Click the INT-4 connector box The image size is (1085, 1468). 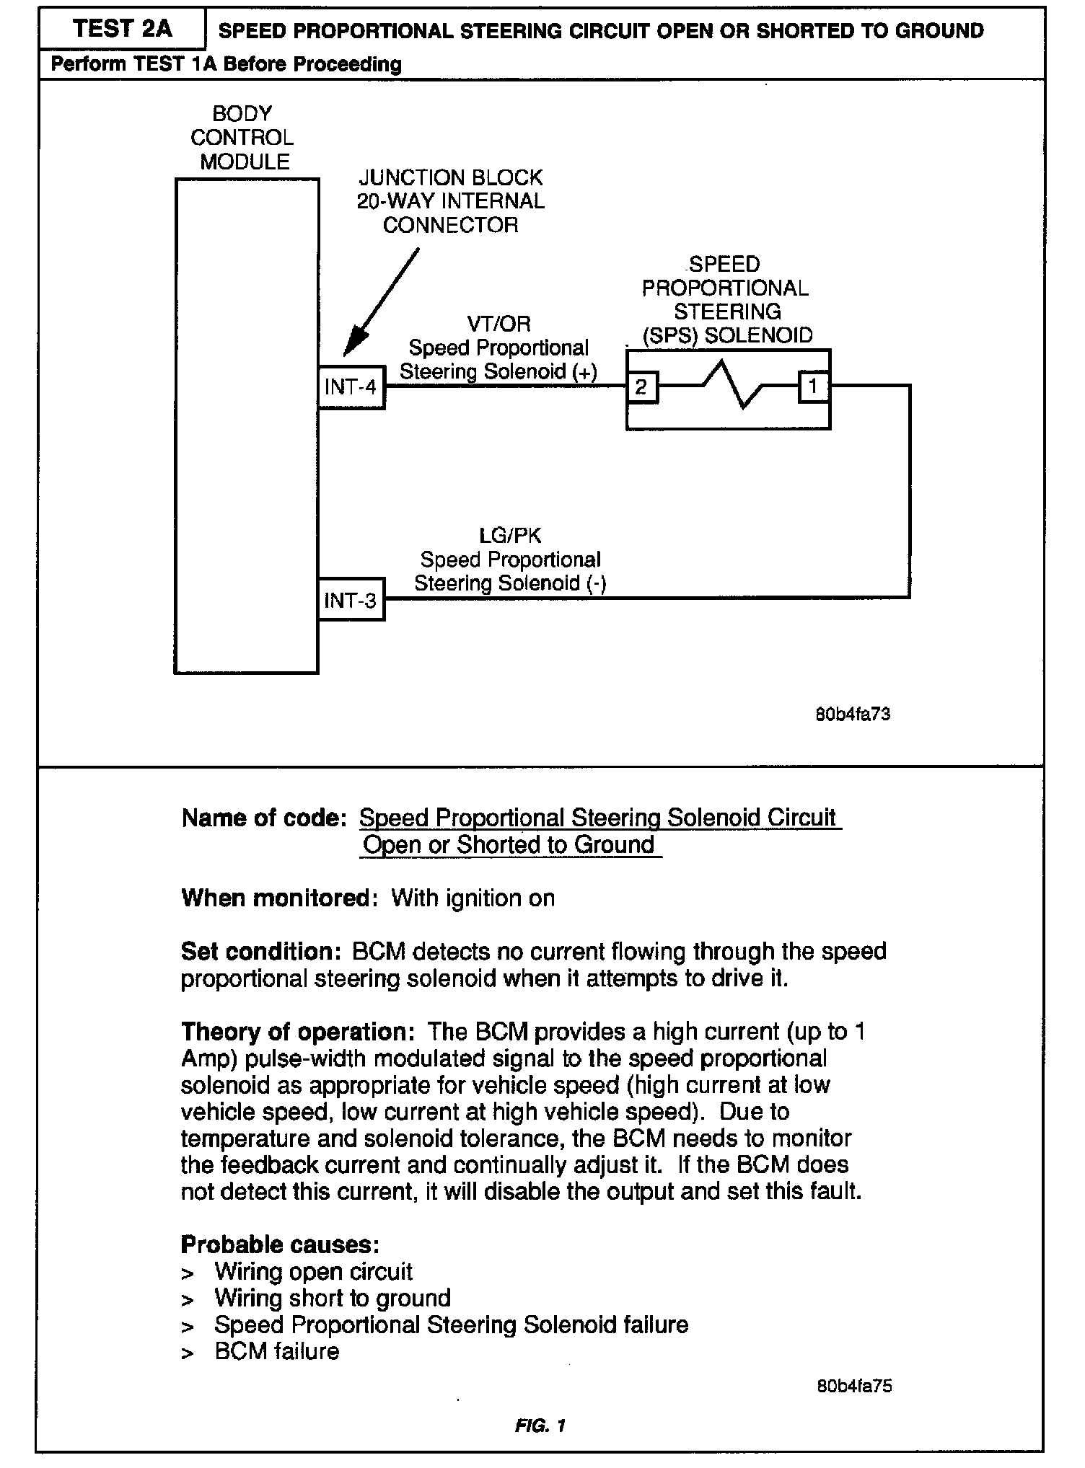click(x=351, y=388)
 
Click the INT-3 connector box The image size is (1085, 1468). click(x=351, y=600)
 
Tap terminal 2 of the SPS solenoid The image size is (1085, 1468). click(x=641, y=388)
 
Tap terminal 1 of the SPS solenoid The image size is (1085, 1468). click(x=813, y=387)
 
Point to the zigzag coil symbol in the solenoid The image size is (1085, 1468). click(x=729, y=385)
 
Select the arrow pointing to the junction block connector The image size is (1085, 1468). click(x=380, y=304)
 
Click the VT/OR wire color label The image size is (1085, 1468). click(x=498, y=324)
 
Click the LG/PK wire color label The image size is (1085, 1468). click(x=510, y=536)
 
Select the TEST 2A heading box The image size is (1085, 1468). click(x=122, y=30)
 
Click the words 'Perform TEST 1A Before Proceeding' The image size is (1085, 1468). click(x=226, y=65)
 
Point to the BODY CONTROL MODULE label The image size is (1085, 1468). click(x=243, y=138)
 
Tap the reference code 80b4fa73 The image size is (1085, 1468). click(x=852, y=715)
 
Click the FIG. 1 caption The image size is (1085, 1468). click(x=540, y=1425)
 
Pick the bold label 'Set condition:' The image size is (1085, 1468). click(x=260, y=952)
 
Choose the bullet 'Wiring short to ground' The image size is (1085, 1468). click(x=332, y=1299)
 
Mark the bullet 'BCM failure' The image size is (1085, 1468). click(x=276, y=1351)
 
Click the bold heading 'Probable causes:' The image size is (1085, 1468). click(x=280, y=1244)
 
